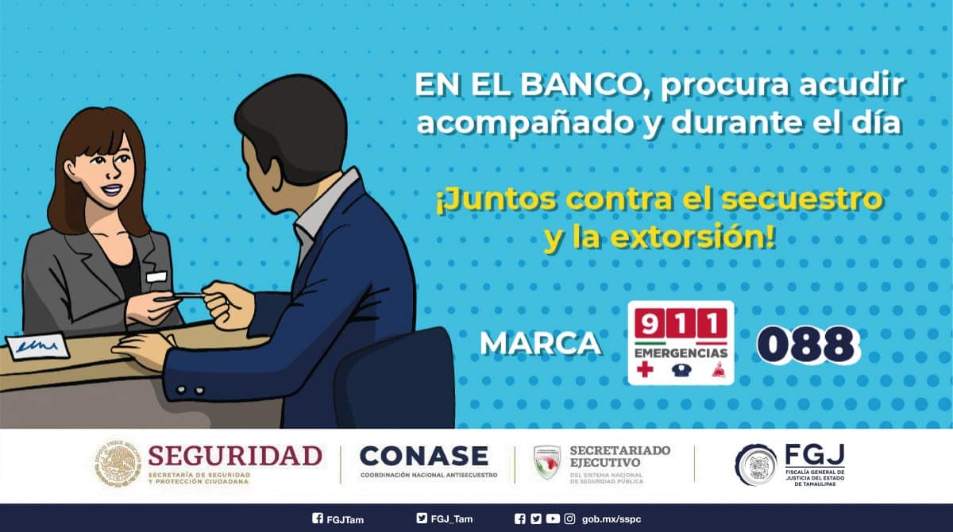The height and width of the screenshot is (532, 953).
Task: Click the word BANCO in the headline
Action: pos(581,87)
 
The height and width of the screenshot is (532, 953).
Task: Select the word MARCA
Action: pos(541,344)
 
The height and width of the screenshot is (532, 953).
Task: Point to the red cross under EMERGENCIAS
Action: pos(645,368)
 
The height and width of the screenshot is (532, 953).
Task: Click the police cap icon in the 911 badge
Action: pos(681,370)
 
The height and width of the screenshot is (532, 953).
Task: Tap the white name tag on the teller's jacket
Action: pos(156,277)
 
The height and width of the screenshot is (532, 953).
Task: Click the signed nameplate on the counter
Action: pos(37,345)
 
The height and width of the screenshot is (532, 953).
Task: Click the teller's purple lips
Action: pos(112,189)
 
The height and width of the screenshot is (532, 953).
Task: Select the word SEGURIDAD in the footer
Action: pos(235,456)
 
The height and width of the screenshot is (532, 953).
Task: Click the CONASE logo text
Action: pos(424,456)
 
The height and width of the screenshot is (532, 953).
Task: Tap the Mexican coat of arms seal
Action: pos(117,463)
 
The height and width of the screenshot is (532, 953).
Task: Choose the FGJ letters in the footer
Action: pos(815,454)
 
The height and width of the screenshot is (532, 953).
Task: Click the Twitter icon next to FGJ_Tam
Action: pos(422,519)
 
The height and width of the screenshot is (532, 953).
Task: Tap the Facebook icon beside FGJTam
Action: pos(318,519)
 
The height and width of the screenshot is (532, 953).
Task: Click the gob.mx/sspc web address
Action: pos(612,519)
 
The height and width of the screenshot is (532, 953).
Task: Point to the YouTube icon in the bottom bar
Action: pos(553,519)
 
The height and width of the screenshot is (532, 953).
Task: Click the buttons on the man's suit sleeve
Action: pos(190,390)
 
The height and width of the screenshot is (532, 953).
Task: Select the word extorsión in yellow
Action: pos(693,238)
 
